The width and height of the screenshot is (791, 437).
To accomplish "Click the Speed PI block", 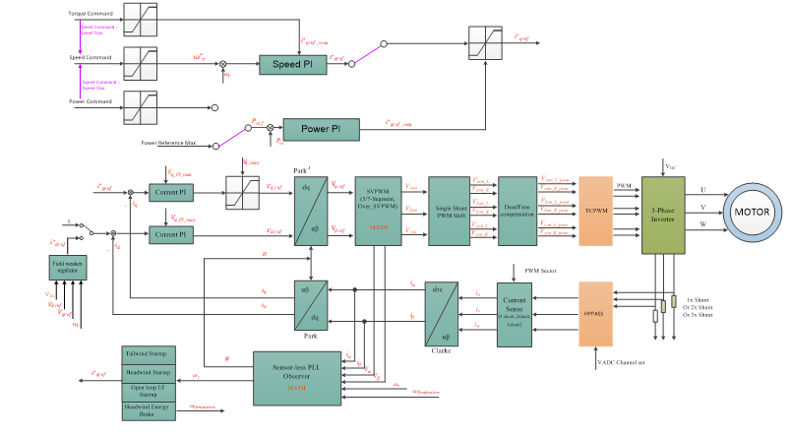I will point(293,65).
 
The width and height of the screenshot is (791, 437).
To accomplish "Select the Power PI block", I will point(321,128).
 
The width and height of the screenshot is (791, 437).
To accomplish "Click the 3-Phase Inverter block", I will point(663,214).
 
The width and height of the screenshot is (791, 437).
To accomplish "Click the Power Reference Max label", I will point(168,143).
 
